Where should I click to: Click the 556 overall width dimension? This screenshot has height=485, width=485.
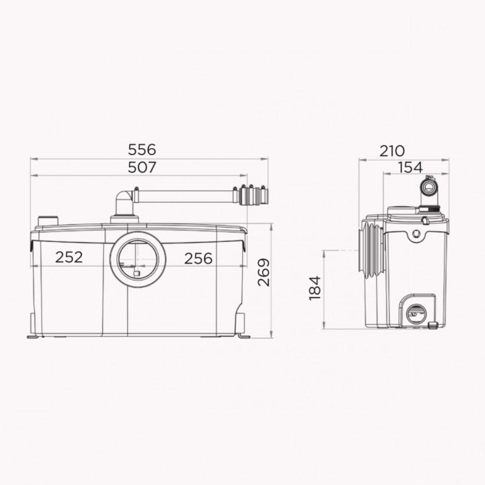(143, 149)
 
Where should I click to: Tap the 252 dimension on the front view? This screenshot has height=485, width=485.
(69, 258)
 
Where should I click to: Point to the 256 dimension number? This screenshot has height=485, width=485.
(199, 258)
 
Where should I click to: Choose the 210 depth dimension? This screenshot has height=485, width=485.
(392, 151)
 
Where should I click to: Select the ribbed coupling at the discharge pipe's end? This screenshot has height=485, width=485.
(254, 196)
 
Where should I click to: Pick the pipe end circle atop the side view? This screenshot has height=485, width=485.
(429, 186)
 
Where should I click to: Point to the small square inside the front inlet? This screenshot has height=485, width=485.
(136, 274)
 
